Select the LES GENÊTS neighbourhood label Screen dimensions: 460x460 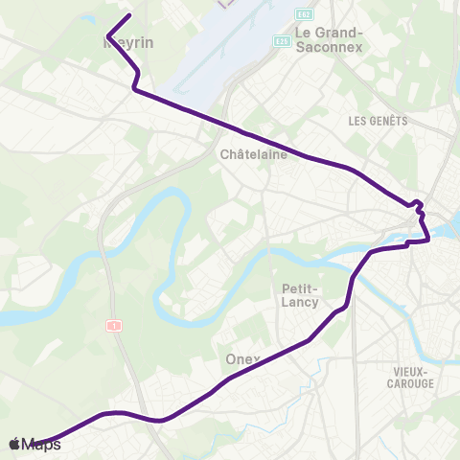point(378,121)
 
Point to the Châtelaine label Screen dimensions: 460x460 point(253,153)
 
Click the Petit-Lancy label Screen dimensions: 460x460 point(300,295)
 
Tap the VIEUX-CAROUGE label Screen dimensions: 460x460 point(413,377)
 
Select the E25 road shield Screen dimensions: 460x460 point(281,41)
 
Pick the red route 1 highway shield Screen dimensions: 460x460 point(114,326)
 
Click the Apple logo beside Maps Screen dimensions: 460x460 point(14,444)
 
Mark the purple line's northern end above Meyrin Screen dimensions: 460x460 point(129,14)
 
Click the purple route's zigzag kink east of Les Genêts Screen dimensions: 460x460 point(417,204)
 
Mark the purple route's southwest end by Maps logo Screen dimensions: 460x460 point(38,442)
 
